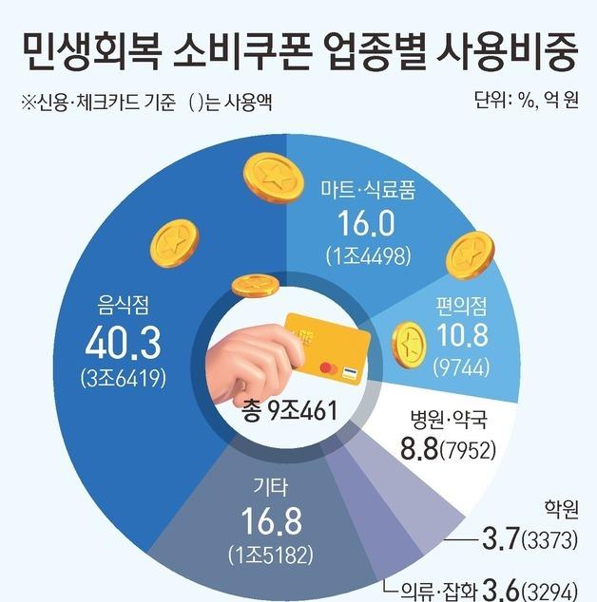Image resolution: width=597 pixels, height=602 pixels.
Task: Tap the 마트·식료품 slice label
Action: click(x=366, y=188)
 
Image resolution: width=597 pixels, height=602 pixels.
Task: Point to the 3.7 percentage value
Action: click(x=500, y=542)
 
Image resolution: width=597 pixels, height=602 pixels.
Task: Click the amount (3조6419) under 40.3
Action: click(x=125, y=377)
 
